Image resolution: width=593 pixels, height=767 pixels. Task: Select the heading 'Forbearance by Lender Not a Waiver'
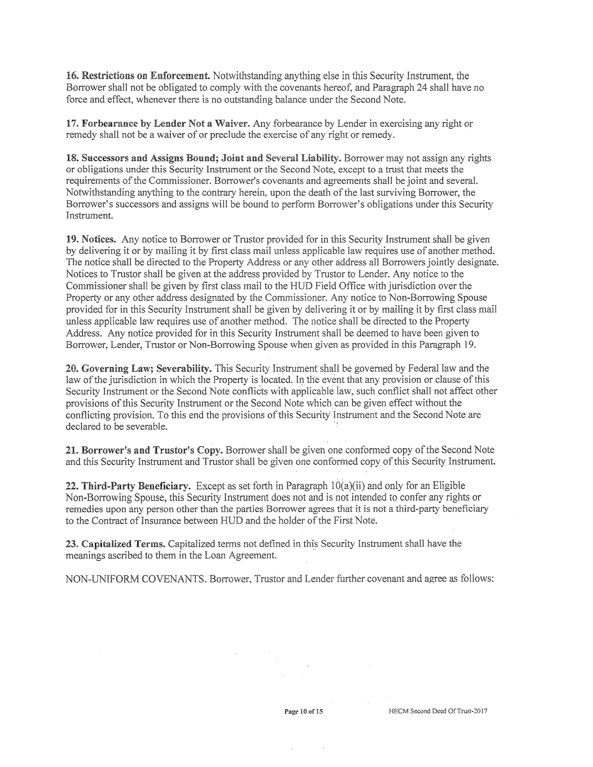coord(165,124)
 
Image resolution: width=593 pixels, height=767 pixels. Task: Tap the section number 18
coord(72,158)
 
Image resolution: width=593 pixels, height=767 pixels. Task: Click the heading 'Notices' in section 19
coord(98,239)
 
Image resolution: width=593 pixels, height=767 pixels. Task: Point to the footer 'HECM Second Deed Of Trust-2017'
coord(438,711)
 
